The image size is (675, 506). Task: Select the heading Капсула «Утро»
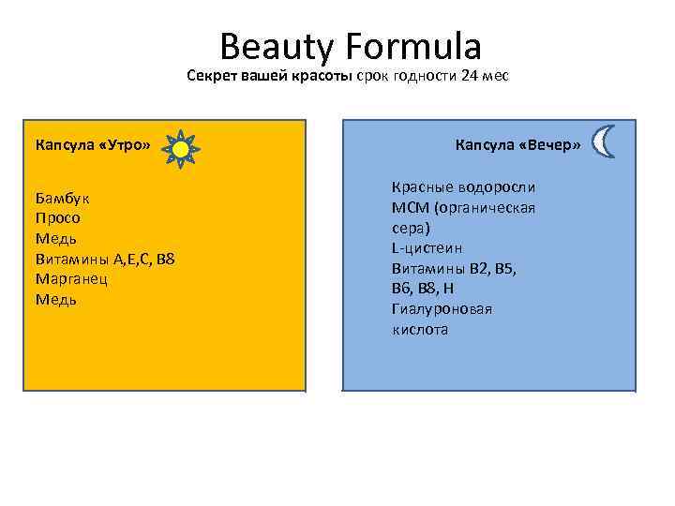coord(93,145)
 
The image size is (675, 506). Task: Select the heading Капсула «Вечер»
coord(517,145)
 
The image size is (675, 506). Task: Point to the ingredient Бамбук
coord(63,198)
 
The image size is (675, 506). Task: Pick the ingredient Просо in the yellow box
coord(57,217)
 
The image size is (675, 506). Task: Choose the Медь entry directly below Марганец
coord(55,300)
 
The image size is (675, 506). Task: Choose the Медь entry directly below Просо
coord(55,238)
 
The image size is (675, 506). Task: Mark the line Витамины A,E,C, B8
coord(104,259)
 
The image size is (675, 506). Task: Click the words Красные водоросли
coord(463,186)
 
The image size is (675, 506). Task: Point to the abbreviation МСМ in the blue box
coord(407,207)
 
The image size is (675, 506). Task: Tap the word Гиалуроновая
coord(442,309)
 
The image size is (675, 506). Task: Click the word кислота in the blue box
coord(419,330)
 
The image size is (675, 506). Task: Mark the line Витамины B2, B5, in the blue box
coord(454,268)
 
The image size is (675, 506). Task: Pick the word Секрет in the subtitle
coord(212,76)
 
